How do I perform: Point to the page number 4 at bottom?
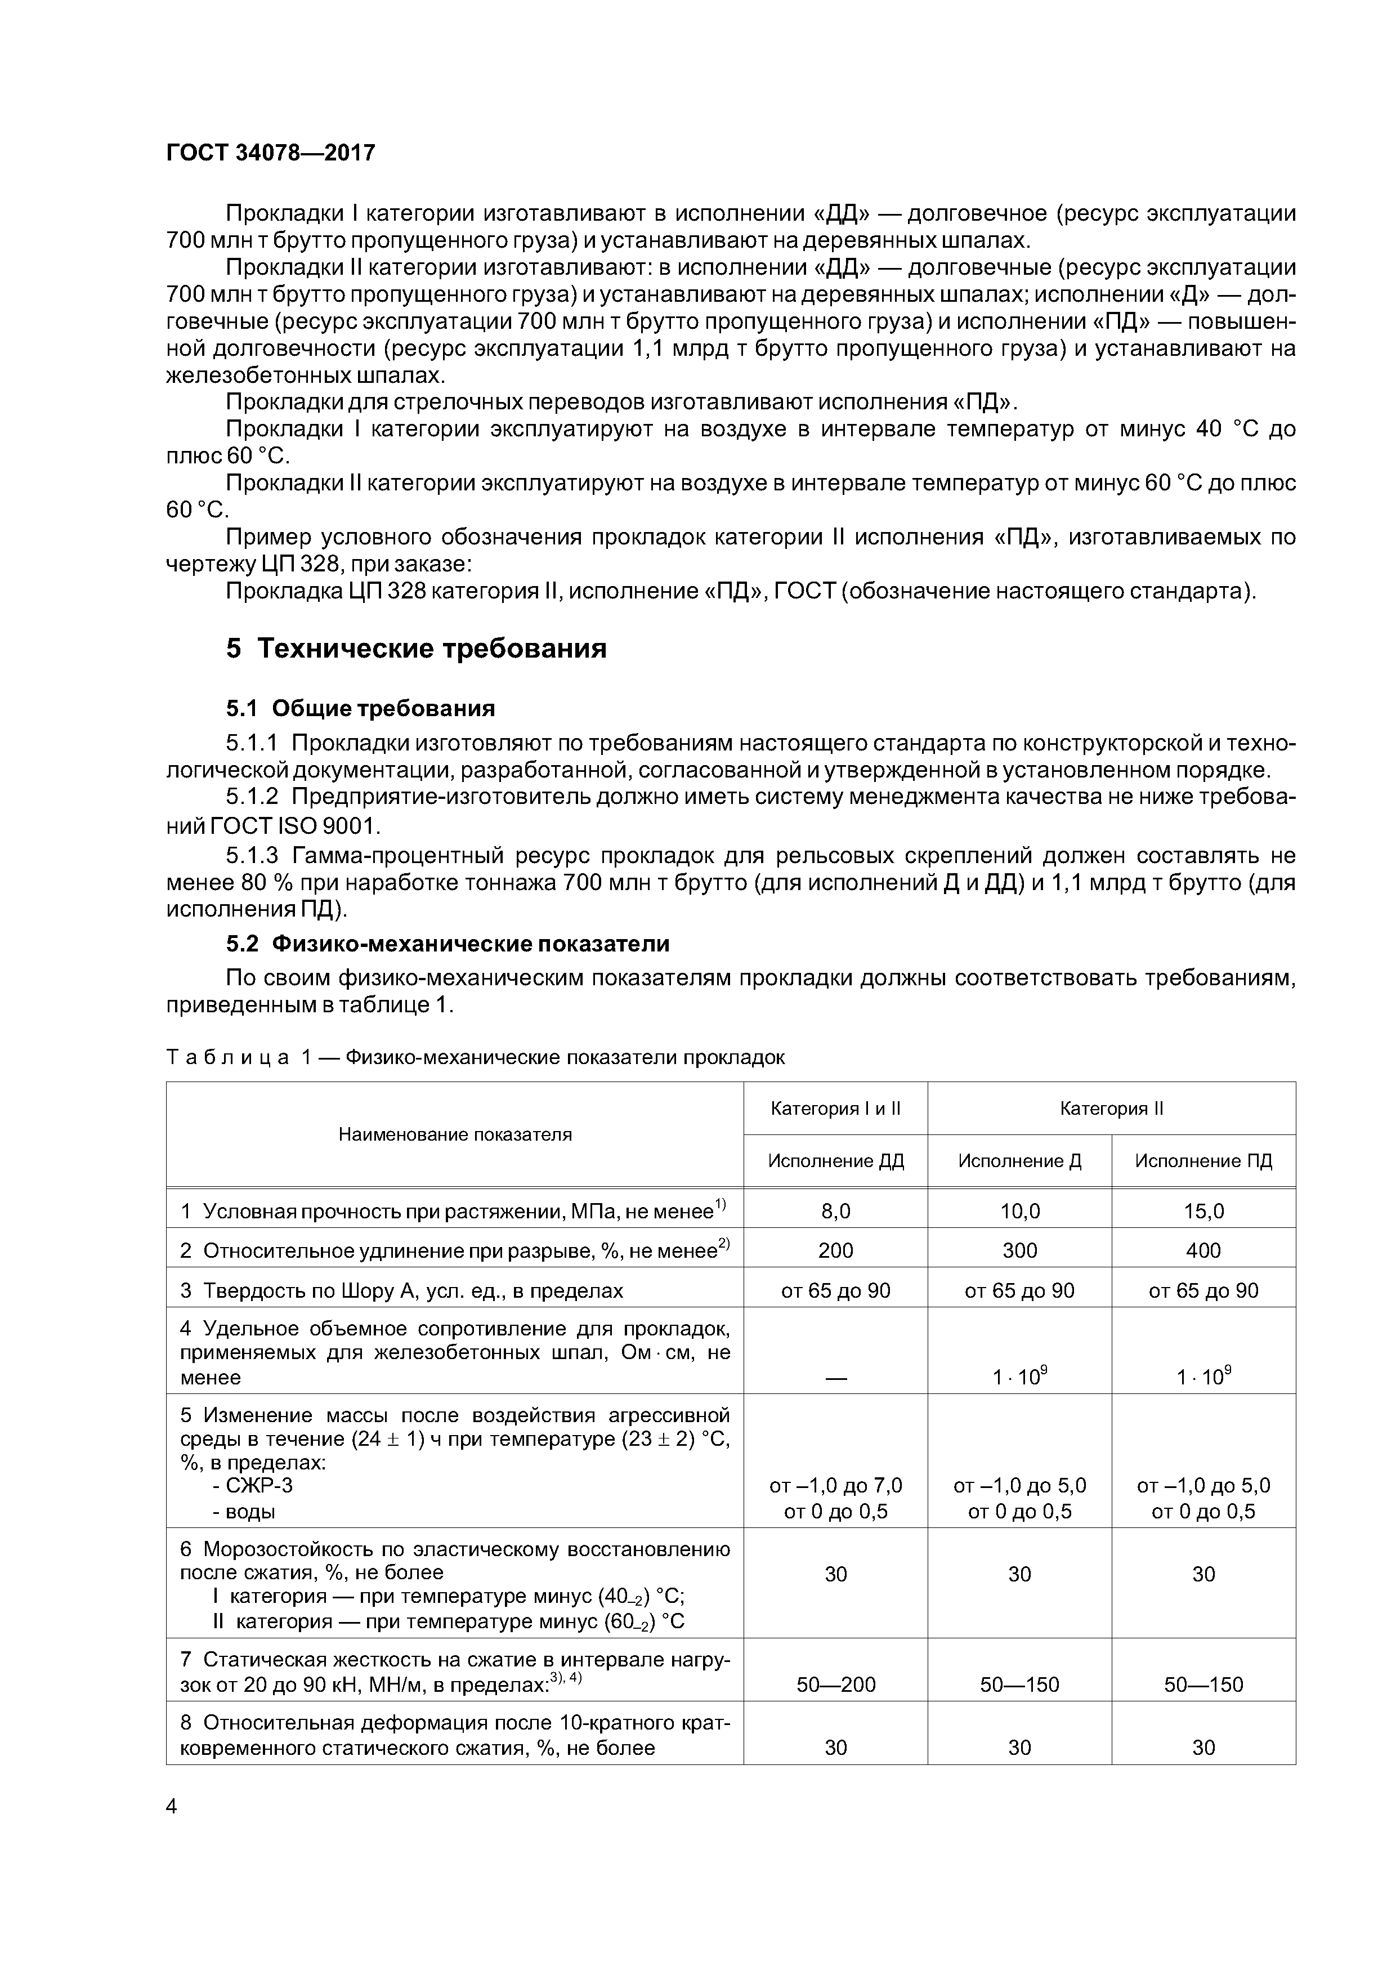click(171, 1807)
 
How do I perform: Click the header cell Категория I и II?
click(835, 1109)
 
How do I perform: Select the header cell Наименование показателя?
click(454, 1134)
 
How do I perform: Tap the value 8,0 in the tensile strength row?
click(835, 1211)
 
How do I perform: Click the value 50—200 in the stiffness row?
click(835, 1684)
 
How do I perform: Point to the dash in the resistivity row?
click(835, 1377)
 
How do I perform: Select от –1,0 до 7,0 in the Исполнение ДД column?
click(835, 1486)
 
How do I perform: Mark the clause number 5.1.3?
click(252, 856)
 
